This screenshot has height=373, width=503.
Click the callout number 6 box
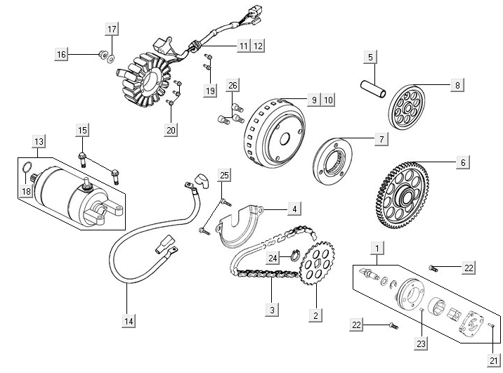point(462,162)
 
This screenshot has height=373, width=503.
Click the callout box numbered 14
point(129,321)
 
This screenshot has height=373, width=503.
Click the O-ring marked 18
point(26,168)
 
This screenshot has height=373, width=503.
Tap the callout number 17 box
point(112,29)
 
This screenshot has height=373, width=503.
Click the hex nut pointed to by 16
point(102,54)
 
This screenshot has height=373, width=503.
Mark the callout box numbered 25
point(224,175)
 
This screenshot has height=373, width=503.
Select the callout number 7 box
point(380,139)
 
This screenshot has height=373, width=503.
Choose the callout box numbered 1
point(379,248)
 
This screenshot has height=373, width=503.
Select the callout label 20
point(171,129)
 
